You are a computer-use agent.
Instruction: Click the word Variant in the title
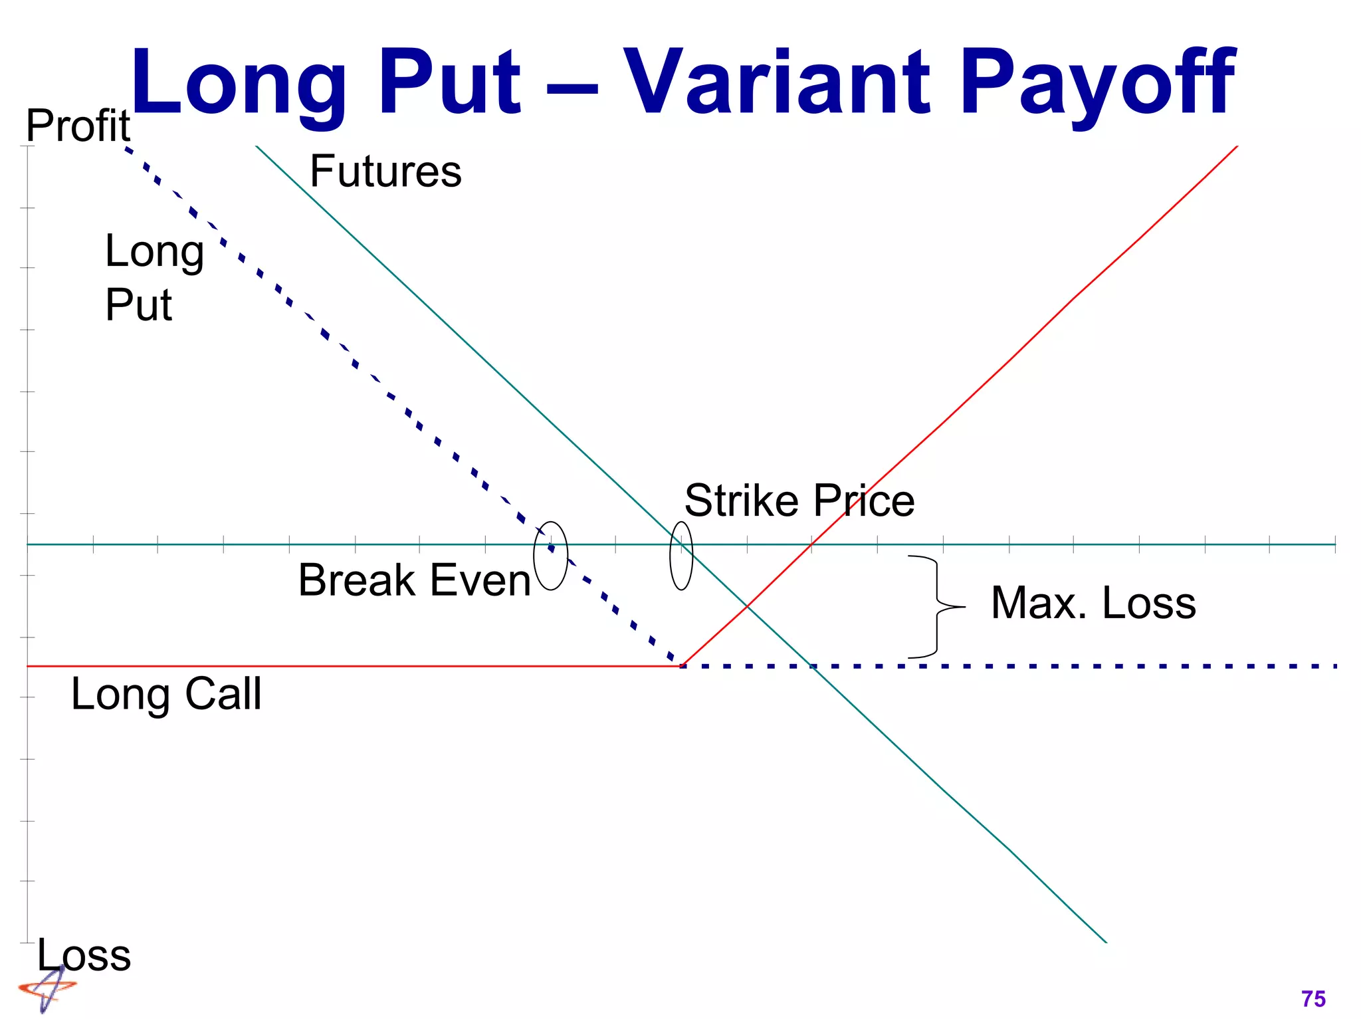pyautogui.click(x=778, y=83)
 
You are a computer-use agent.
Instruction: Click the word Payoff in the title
pyautogui.click(x=1096, y=83)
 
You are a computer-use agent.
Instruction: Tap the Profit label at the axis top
pyautogui.click(x=78, y=126)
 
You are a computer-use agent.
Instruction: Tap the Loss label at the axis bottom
pyautogui.click(x=84, y=955)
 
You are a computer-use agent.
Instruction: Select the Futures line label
pyautogui.click(x=385, y=171)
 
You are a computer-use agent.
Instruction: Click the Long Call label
pyautogui.click(x=166, y=694)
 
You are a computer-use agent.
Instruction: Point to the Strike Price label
pyautogui.click(x=799, y=501)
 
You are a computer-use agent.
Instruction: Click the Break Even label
pyautogui.click(x=415, y=580)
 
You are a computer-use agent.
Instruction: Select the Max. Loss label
pyautogui.click(x=1093, y=603)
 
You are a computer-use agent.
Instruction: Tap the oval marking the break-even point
pyautogui.click(x=551, y=556)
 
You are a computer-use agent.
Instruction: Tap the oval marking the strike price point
pyautogui.click(x=681, y=556)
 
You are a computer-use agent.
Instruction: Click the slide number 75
pyautogui.click(x=1313, y=998)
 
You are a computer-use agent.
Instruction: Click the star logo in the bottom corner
pyautogui.click(x=47, y=988)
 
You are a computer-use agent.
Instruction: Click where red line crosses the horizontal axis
pyautogui.click(x=811, y=544)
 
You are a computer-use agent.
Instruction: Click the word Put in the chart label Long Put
pyautogui.click(x=138, y=305)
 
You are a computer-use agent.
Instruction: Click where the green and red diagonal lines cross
pyautogui.click(x=747, y=606)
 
